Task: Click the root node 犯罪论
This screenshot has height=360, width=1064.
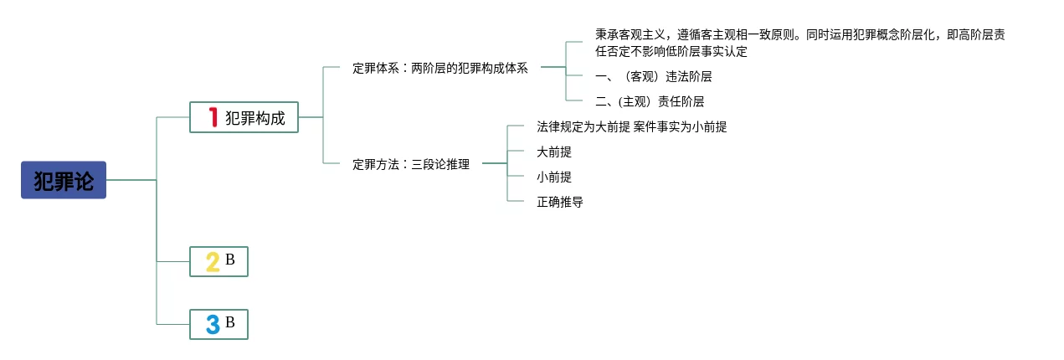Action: (x=64, y=180)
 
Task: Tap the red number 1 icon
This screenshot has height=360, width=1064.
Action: (x=213, y=117)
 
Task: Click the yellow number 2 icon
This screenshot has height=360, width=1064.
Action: (x=213, y=262)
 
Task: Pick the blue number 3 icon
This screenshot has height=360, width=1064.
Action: (x=213, y=324)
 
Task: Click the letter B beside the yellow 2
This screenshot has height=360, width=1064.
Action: (x=230, y=260)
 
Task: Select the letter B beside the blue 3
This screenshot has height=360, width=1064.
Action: (x=230, y=321)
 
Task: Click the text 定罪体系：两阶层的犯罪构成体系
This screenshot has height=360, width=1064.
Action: (x=440, y=69)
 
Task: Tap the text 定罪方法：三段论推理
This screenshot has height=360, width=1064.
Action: (x=411, y=165)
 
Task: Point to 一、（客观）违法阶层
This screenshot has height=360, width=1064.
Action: (x=653, y=76)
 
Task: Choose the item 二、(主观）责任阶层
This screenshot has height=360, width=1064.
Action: (x=649, y=101)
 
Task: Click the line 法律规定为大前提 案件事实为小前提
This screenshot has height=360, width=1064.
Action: (x=631, y=127)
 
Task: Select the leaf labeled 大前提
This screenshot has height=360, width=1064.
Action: (x=554, y=152)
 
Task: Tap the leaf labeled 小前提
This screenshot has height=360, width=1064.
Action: (x=554, y=177)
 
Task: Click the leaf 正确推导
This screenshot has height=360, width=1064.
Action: (x=560, y=203)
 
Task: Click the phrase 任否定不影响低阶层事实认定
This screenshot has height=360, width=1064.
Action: (x=671, y=51)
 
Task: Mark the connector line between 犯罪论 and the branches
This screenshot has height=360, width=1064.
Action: (x=131, y=180)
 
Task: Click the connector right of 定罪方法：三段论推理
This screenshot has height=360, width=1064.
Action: (x=495, y=164)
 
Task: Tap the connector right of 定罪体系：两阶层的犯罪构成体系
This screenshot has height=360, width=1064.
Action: (x=553, y=67)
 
